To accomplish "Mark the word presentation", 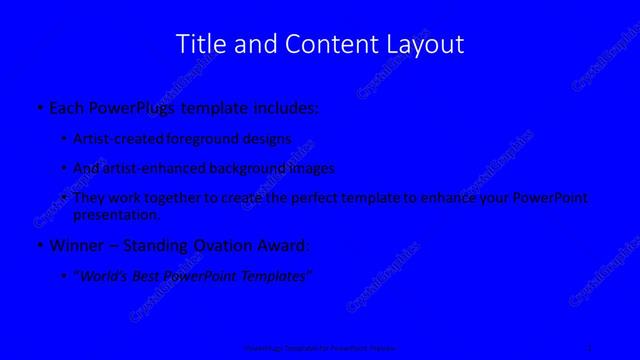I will [116, 214].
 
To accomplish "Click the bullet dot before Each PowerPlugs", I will [38, 106].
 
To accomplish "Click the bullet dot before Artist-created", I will [64, 140].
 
